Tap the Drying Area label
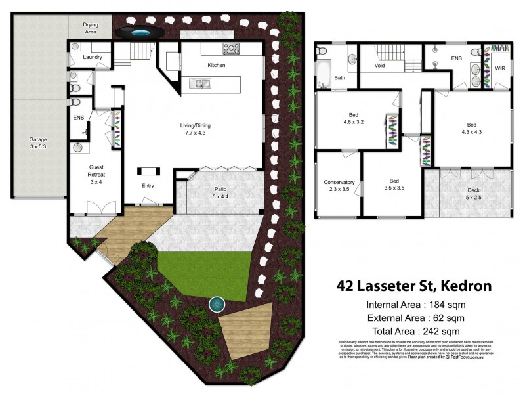[91, 28]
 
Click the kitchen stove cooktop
[232, 48]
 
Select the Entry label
[148, 186]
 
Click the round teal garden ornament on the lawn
[217, 304]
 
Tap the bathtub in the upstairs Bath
[324, 74]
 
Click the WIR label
[499, 68]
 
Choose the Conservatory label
[339, 186]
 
